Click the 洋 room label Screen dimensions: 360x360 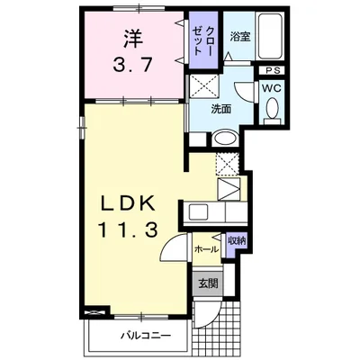click(x=132, y=38)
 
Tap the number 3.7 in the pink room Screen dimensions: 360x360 click(x=132, y=64)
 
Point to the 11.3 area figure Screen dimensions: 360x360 click(x=128, y=231)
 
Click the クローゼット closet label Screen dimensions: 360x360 click(x=202, y=40)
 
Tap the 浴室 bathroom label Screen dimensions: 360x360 click(x=240, y=37)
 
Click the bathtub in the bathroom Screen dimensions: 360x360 click(x=270, y=37)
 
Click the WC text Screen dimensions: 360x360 click(x=272, y=88)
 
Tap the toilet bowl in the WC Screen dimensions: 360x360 click(x=273, y=108)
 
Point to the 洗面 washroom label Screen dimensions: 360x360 click(x=220, y=110)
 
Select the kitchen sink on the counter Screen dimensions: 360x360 click(x=197, y=212)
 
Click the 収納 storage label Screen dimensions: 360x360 click(x=237, y=240)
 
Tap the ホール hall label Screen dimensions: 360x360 click(x=206, y=249)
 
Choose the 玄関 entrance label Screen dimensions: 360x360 click(x=208, y=283)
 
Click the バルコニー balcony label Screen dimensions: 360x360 click(x=146, y=335)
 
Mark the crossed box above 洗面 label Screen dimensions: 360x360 click(x=204, y=86)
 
